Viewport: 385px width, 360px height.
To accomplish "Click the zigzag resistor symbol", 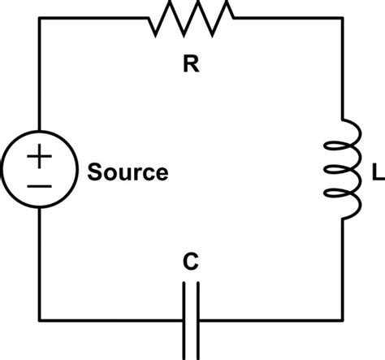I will coord(192,17).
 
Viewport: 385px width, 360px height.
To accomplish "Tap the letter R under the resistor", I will coord(191,65).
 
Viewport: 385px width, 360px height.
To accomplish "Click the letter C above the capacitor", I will coord(189,262).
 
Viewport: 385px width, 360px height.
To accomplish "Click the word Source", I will coord(128,173).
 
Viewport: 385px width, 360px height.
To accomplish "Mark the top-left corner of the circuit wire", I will coord(40,18).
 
